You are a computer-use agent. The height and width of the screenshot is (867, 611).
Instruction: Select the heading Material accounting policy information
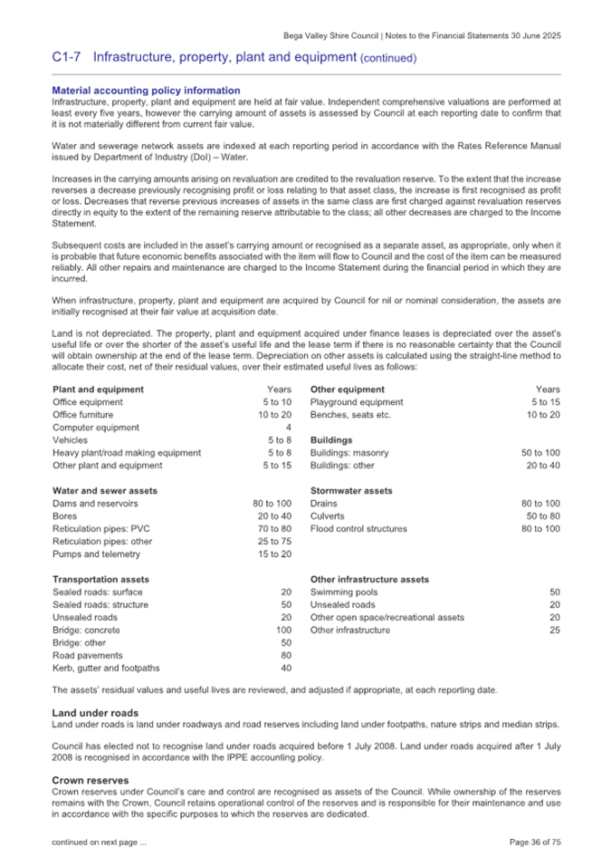point(146,91)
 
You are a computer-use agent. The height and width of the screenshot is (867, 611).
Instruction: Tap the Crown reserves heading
point(89,779)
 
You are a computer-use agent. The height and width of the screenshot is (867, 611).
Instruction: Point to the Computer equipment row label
point(96,427)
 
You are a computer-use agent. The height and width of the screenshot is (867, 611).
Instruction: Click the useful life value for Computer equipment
point(288,427)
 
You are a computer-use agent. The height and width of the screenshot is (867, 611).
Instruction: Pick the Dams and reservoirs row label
point(95,503)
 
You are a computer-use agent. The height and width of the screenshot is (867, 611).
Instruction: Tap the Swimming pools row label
point(344,592)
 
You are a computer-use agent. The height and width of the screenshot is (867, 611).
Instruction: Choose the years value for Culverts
point(544,515)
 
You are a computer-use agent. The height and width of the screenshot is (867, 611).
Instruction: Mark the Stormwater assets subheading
point(351,490)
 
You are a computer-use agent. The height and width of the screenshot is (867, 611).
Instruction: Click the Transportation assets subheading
point(100,579)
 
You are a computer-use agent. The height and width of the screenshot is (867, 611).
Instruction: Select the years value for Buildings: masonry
point(540,452)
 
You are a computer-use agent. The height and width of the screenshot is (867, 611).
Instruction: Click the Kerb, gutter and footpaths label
point(106,668)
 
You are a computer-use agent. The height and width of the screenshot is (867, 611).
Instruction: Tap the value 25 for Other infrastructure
point(555,630)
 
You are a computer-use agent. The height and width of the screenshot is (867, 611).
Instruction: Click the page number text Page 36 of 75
point(535,843)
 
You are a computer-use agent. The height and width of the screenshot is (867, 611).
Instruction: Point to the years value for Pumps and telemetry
point(275,554)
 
